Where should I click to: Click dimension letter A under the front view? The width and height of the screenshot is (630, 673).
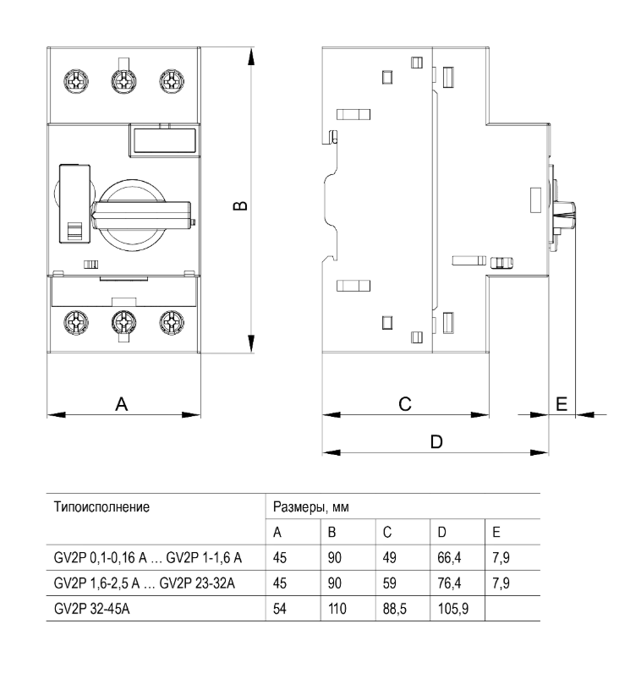coord(122,405)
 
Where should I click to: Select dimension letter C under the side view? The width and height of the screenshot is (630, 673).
coord(405,405)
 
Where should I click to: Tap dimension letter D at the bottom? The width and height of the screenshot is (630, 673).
coord(436,441)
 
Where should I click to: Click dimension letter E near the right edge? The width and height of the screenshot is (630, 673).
coord(562,404)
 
